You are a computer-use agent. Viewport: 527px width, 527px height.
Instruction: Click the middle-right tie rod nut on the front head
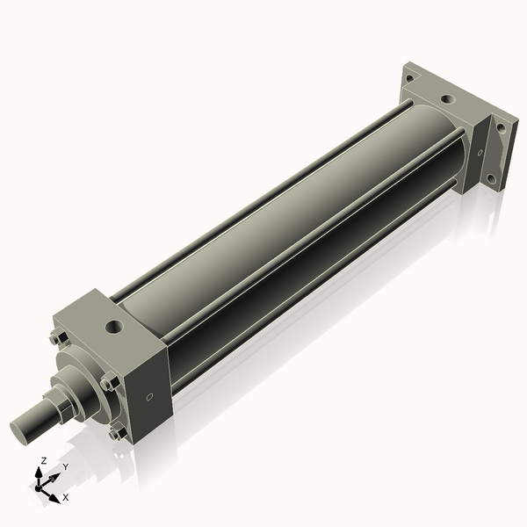coord(109,382)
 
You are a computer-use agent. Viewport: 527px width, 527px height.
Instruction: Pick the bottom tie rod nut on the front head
coord(115,432)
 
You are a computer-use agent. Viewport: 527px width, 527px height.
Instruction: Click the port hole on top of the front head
coord(112,328)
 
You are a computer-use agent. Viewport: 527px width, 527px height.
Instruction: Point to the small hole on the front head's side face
coord(149,397)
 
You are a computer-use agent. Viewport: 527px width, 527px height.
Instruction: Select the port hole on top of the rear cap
coord(447,100)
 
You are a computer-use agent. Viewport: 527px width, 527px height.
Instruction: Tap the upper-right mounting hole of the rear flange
coord(501,126)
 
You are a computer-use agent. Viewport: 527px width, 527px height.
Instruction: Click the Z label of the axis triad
coord(44,460)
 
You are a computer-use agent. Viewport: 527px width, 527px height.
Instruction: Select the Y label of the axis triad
coord(66,466)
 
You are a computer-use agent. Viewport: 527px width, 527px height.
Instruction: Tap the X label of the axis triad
coord(66,497)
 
